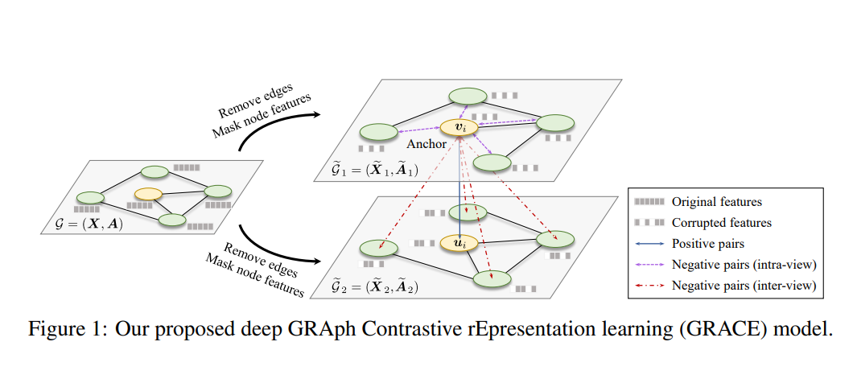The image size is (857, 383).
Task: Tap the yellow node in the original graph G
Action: pos(149,194)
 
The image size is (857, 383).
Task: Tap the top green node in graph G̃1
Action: pos(467,96)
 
